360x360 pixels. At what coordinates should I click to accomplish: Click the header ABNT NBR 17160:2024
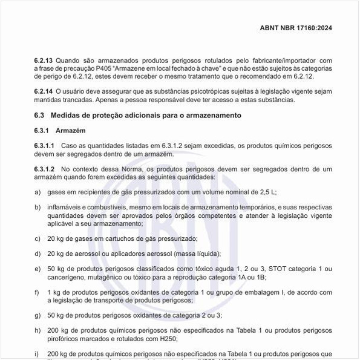click(x=296, y=27)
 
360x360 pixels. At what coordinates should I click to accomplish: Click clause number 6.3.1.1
click(x=45, y=146)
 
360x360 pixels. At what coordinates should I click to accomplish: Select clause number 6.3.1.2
click(x=45, y=169)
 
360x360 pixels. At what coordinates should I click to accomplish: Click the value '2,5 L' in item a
click(x=267, y=192)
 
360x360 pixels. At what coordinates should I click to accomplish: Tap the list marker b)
click(x=38, y=207)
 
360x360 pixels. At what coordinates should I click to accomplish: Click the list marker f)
click(x=38, y=292)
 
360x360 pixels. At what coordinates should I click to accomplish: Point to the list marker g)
click(x=38, y=315)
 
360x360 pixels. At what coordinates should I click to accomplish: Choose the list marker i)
click(x=37, y=353)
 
